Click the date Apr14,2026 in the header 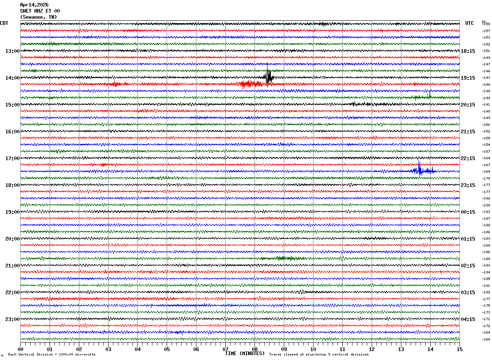pyautogui.click(x=34, y=5)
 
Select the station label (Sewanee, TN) pyautogui.click(x=38, y=17)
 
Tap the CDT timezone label pyautogui.click(x=4, y=23)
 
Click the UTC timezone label pyautogui.click(x=470, y=23)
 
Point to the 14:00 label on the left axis pyautogui.click(x=12, y=78)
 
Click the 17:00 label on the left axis pyautogui.click(x=12, y=158)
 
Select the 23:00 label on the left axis pyautogui.click(x=12, y=319)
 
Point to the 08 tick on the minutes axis pyautogui.click(x=255, y=349)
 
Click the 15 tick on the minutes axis pyautogui.click(x=459, y=349)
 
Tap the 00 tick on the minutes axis pyautogui.click(x=20, y=349)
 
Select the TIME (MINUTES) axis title pyautogui.click(x=245, y=353)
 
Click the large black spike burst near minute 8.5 pyautogui.click(x=268, y=77)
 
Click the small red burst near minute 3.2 pyautogui.click(x=115, y=84)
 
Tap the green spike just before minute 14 pyautogui.click(x=429, y=95)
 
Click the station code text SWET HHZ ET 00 pyautogui.click(x=40, y=11)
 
